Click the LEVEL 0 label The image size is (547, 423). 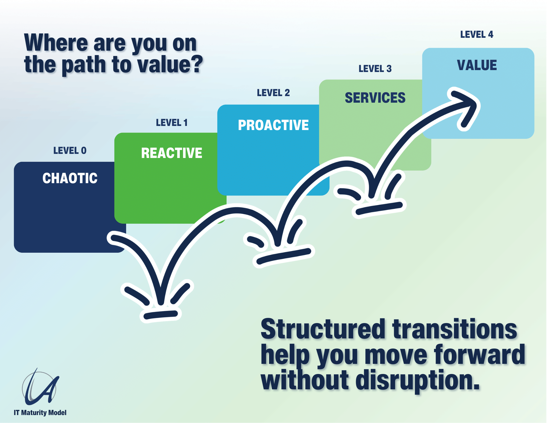[x=70, y=151]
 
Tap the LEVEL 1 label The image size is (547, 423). [x=172, y=123]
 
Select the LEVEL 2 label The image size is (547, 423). [x=273, y=93]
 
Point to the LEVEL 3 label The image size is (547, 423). [x=375, y=69]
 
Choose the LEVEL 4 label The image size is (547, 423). [x=477, y=34]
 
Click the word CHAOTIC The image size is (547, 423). [x=70, y=178]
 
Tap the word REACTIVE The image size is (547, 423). [x=172, y=153]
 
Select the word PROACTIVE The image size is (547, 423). [x=273, y=125]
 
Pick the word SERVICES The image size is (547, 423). [x=375, y=98]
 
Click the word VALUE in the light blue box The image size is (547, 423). [x=477, y=65]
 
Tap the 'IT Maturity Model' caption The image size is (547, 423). [x=40, y=413]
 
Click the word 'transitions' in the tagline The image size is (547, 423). [x=455, y=329]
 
